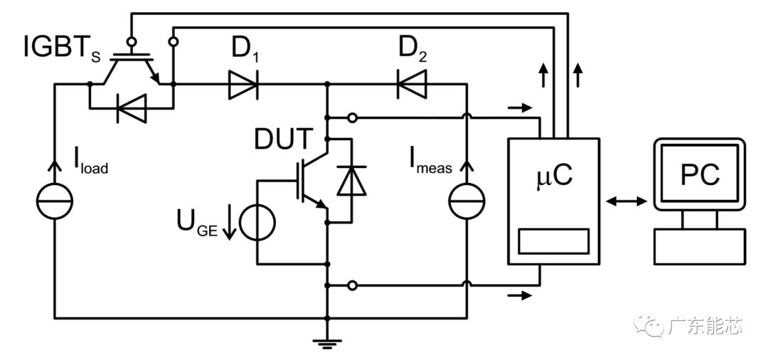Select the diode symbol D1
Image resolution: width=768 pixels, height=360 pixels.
[x=242, y=85]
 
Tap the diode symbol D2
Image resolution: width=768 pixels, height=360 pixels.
[x=411, y=85]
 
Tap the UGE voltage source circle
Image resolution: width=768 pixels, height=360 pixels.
[x=257, y=223]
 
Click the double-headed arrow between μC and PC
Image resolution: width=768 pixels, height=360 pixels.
[x=626, y=201]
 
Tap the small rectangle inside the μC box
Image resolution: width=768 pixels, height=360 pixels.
[x=553, y=240]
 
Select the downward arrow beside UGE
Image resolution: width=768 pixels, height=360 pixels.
[x=228, y=224]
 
